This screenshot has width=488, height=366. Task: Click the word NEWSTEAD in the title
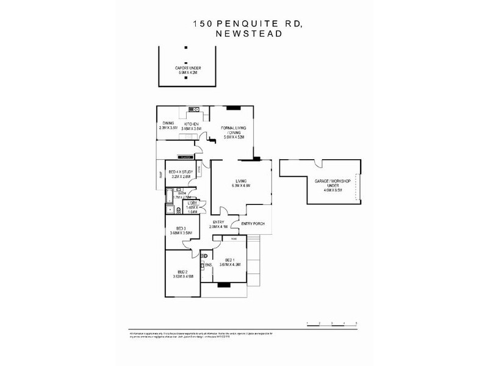pyautogui.click(x=248, y=34)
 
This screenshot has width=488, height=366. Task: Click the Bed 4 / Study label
pyautogui.click(x=181, y=173)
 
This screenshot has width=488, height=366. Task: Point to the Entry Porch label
pyautogui.click(x=252, y=224)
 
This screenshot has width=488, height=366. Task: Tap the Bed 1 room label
pyautogui.click(x=230, y=259)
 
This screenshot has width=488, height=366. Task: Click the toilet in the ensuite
pyautogui.click(x=206, y=256)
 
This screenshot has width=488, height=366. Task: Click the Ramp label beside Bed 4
pyautogui.click(x=160, y=177)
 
